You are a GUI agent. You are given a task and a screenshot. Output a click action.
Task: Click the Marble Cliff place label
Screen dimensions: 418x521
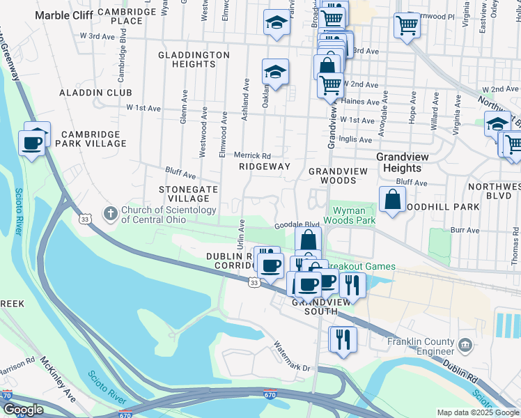[x=64, y=15]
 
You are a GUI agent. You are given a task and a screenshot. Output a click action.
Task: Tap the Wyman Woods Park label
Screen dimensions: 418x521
[x=353, y=215]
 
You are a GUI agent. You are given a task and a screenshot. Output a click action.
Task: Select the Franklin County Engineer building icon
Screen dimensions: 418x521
[x=465, y=343]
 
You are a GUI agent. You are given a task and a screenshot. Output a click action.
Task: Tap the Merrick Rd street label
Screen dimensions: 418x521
[x=251, y=155]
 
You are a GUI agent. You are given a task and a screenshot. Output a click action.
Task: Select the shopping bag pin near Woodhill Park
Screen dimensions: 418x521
[x=393, y=199]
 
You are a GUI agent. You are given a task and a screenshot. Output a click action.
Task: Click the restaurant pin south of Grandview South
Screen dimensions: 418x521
[x=343, y=339]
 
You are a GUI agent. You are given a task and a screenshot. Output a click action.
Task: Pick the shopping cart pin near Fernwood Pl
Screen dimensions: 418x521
[x=407, y=26]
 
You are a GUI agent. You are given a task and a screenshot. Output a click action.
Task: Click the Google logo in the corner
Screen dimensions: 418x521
[x=22, y=410]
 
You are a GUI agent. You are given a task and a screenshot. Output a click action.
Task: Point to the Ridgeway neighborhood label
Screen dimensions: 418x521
[x=264, y=167]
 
